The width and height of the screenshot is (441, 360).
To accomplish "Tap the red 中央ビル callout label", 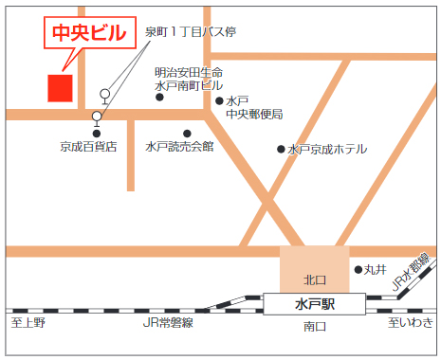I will pos(87,34).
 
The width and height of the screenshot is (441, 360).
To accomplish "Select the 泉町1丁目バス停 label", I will pos(190,32).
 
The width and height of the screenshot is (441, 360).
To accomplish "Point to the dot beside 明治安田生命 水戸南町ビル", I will pos(159,97).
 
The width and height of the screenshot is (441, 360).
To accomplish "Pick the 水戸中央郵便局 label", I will pos(253,107).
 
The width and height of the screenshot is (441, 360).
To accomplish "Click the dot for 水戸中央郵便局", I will pos(219,100).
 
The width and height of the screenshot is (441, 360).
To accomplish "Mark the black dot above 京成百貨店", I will pos(97,133).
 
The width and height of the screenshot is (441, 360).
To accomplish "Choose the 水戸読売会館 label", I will pos(179,147).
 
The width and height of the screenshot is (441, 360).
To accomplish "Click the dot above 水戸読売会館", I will pos(187,133).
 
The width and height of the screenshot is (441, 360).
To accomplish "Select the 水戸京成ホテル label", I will pos(327,149).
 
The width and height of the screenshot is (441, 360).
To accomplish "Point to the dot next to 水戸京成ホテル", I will pos(281,149).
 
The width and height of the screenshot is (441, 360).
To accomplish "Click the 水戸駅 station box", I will pos(314,304).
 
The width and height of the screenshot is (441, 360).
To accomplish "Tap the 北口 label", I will pos(314,279).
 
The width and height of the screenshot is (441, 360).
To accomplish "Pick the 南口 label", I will pos(314,327).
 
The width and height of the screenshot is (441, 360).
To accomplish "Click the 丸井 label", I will pos(377,270).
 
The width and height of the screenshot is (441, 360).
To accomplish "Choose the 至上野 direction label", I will pos(28,325).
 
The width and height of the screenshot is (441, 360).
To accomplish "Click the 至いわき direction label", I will pos(410,325).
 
